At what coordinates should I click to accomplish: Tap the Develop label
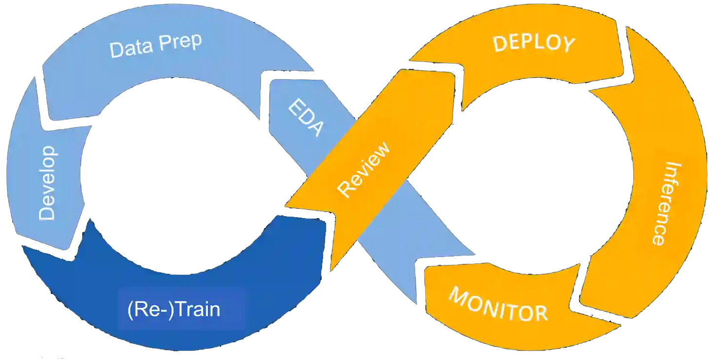[48, 182]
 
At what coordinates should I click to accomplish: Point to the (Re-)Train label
[173, 310]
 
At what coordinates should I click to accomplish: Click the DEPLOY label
[534, 43]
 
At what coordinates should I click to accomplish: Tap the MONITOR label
[498, 304]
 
